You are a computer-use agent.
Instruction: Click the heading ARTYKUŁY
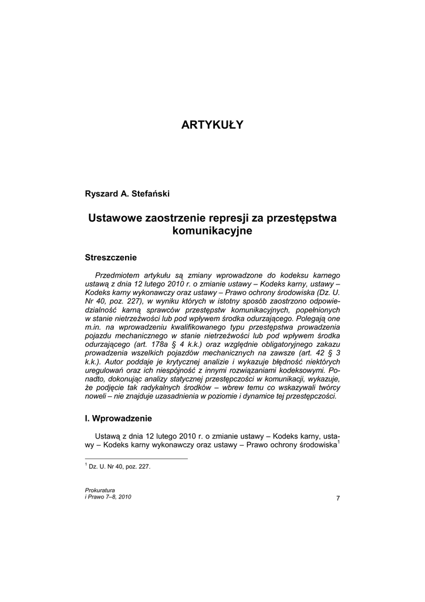[x=212, y=125]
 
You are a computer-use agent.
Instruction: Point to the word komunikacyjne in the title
[x=212, y=231]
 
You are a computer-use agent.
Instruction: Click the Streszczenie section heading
[x=111, y=257]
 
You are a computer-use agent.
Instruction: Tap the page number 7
[x=338, y=499]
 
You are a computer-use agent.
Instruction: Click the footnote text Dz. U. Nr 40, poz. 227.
[x=120, y=466]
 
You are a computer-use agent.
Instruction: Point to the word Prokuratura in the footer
[x=100, y=490]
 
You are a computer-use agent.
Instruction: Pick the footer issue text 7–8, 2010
[x=118, y=497]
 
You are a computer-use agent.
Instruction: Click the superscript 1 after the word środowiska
[x=339, y=442]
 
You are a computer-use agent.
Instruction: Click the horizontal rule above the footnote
[x=136, y=459]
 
